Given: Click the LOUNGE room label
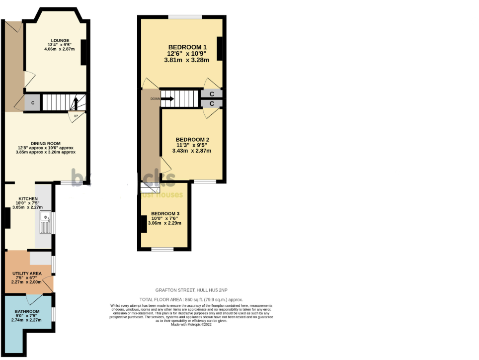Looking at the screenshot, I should (60, 40).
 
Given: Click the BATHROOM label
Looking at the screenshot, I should (27, 312).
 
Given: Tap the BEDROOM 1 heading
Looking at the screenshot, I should (187, 47).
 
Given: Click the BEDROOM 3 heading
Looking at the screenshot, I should (165, 213).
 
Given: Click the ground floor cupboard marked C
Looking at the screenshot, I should (33, 103).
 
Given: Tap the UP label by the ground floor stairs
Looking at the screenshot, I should (76, 116).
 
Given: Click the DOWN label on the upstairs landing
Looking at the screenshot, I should (155, 98).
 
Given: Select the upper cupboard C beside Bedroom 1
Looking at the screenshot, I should (212, 93).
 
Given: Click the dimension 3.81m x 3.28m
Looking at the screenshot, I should (186, 60).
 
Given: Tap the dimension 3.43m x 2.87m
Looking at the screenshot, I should (191, 151).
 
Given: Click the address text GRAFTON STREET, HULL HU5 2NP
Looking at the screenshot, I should (191, 290).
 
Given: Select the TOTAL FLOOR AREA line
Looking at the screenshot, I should (191, 299).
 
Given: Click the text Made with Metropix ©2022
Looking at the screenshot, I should (191, 324).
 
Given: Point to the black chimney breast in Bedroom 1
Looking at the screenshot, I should (219, 48).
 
